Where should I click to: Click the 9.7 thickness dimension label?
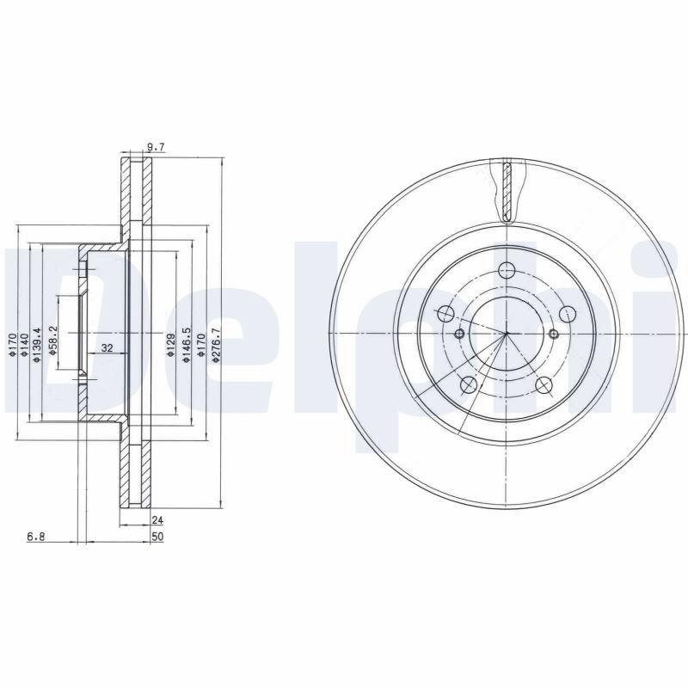[x=156, y=147]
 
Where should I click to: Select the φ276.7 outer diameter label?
[x=215, y=345]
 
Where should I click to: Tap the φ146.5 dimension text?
[x=186, y=345]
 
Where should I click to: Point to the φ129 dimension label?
[x=171, y=345]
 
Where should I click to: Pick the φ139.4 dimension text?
[x=37, y=345]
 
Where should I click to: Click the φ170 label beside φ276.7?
[x=201, y=345]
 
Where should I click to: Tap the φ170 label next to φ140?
[x=12, y=345]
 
